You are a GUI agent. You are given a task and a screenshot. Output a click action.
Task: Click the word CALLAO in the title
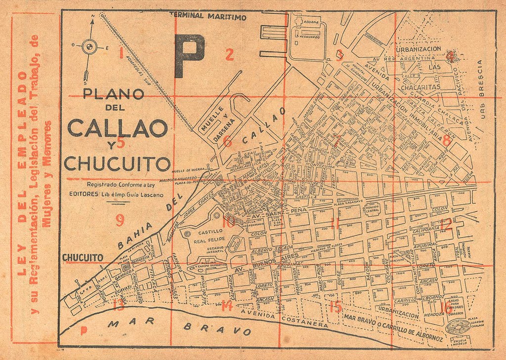click(117, 128)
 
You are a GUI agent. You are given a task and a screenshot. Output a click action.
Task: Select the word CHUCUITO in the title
click(118, 163)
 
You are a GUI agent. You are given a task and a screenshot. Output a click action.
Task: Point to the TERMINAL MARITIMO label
click(208, 16)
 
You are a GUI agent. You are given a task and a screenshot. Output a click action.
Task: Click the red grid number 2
click(229, 55)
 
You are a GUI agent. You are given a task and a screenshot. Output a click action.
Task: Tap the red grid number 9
click(120, 220)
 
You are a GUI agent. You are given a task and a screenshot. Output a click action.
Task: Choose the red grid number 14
click(227, 306)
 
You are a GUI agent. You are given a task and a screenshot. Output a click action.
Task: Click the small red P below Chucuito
click(83, 330)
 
